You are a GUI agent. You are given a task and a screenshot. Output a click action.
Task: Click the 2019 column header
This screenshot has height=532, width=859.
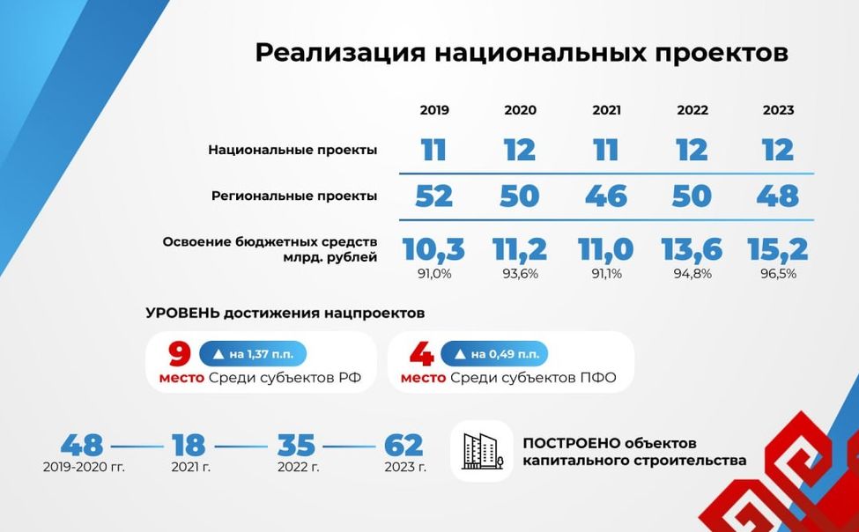point(434,110)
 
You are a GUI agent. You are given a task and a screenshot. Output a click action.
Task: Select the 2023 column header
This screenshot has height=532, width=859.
point(778,110)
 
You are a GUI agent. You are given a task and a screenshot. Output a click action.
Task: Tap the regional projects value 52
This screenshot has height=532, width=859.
point(433,196)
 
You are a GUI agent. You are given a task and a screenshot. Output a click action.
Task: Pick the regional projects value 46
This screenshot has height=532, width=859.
point(606,196)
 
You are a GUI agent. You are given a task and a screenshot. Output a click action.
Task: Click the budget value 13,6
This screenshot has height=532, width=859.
point(692,249)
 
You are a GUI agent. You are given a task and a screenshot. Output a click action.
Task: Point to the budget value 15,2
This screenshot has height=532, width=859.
point(778,249)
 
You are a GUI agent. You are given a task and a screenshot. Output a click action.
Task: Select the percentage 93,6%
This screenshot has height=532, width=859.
point(520,274)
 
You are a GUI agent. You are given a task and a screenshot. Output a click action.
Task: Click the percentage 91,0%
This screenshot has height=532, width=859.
point(434,274)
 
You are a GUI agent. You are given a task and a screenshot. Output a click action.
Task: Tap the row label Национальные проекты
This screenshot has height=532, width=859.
point(293,150)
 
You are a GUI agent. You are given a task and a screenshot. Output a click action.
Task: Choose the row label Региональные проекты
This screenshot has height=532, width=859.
point(294,196)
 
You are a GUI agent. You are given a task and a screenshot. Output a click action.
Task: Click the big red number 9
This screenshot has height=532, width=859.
point(179,355)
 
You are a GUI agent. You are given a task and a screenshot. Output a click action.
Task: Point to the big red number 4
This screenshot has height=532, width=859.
point(421,355)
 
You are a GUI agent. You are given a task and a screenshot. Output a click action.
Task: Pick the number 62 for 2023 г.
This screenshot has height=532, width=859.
point(404,445)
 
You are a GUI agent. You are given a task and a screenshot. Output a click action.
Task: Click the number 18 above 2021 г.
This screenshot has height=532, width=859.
point(189,445)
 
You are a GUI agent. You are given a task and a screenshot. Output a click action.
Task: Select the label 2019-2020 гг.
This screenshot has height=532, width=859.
point(84,467)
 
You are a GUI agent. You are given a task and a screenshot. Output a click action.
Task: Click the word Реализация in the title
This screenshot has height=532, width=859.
point(338,52)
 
